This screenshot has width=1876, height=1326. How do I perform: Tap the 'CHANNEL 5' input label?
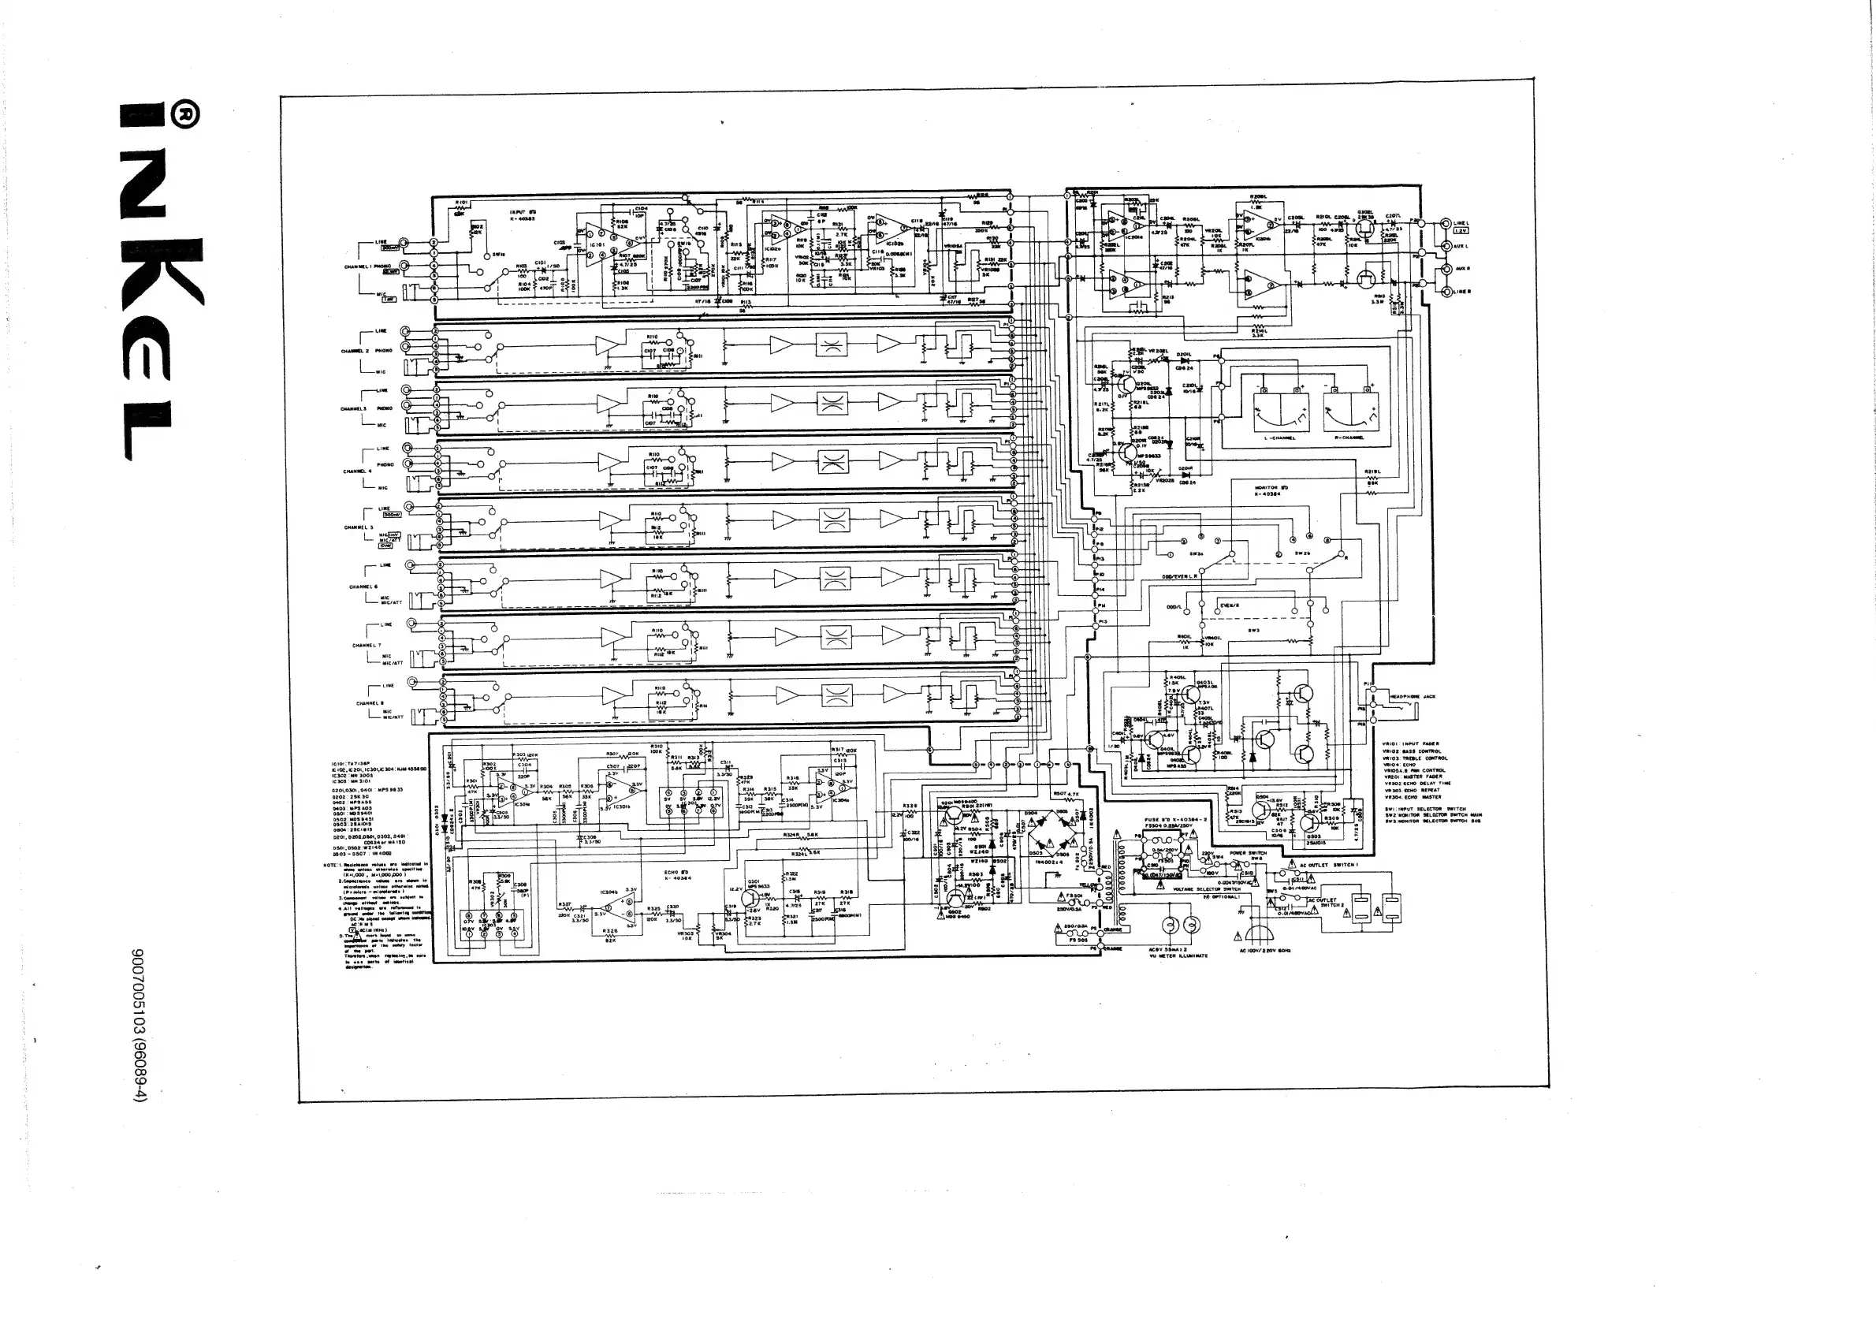360,527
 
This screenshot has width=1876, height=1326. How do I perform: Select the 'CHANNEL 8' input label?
370,702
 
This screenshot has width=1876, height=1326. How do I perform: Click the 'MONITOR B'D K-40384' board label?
1271,491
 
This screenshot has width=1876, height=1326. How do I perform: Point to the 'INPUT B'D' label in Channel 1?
522,214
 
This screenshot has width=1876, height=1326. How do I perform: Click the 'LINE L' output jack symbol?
1446,223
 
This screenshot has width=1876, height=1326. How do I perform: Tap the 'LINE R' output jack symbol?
1446,292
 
